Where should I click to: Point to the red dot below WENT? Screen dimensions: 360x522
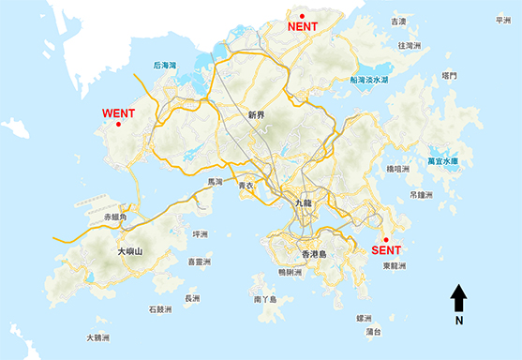point(118,125)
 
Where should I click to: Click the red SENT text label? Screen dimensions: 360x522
point(386,250)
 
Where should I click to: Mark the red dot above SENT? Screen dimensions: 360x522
point(386,239)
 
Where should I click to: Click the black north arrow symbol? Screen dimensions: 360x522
point(459,299)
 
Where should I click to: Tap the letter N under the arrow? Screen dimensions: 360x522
point(459,321)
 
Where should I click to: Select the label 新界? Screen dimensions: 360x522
point(258,115)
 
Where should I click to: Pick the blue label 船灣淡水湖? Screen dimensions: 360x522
point(369,81)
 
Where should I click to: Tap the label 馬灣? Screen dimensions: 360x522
point(216,182)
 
